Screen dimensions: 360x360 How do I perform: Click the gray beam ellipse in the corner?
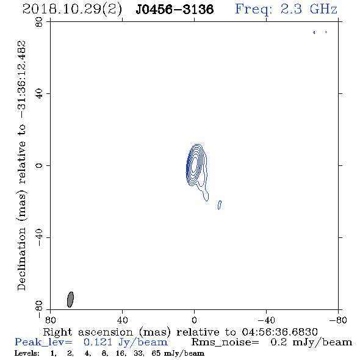[70, 300]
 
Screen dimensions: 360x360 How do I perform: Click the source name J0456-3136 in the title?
[175, 9]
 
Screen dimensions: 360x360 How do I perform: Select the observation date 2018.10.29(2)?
[72, 10]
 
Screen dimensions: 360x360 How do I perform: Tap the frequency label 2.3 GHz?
[309, 9]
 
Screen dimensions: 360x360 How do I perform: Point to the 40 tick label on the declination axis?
[39, 94]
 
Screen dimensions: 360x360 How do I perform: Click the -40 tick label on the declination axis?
[39, 237]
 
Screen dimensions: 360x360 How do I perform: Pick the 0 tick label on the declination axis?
[39, 165]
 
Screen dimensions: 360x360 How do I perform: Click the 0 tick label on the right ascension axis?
[194, 320]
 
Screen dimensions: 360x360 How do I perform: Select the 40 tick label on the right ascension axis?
[122, 320]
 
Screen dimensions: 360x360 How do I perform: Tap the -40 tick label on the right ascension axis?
[266, 320]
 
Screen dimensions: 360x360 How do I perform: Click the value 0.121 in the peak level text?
[98, 342]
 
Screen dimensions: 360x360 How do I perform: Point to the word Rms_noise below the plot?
[225, 342]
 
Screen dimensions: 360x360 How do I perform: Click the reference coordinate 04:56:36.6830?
[279, 332]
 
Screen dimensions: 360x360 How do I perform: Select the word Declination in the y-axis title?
[21, 259]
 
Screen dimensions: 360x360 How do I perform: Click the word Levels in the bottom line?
[27, 353]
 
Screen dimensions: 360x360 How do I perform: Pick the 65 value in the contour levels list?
[156, 353]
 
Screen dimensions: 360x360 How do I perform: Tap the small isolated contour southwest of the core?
[220, 205]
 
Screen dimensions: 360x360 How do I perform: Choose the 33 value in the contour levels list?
[139, 353]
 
